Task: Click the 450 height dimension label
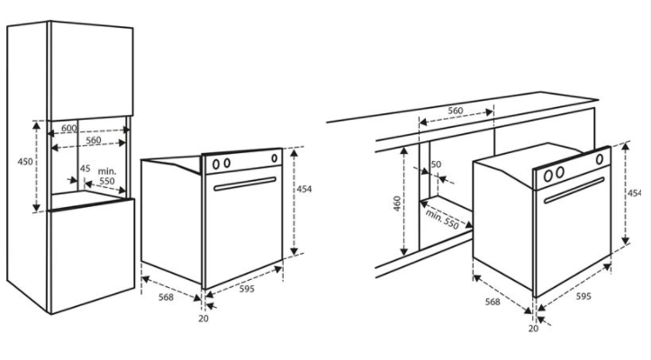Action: [x=25, y=161]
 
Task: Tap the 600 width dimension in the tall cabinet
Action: [x=69, y=129]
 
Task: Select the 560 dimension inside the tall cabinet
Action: [x=94, y=140]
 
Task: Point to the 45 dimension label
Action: [x=86, y=168]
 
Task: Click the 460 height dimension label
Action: [x=397, y=203]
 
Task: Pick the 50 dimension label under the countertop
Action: [x=436, y=165]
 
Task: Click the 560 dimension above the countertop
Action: [x=456, y=111]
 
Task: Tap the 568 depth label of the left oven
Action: [x=166, y=297]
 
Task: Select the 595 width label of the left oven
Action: [x=247, y=289]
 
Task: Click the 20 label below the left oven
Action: [x=203, y=319]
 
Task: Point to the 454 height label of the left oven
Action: [x=304, y=189]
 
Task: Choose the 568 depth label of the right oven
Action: [x=493, y=301]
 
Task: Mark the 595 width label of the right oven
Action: [x=583, y=296]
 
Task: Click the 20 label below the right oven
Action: [x=534, y=328]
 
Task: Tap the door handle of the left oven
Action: [x=245, y=184]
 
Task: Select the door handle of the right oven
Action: [x=574, y=191]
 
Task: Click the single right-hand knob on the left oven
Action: [x=275, y=158]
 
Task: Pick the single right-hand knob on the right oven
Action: [x=600, y=159]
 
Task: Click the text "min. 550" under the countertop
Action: [x=442, y=220]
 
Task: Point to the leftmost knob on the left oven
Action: [x=216, y=165]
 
